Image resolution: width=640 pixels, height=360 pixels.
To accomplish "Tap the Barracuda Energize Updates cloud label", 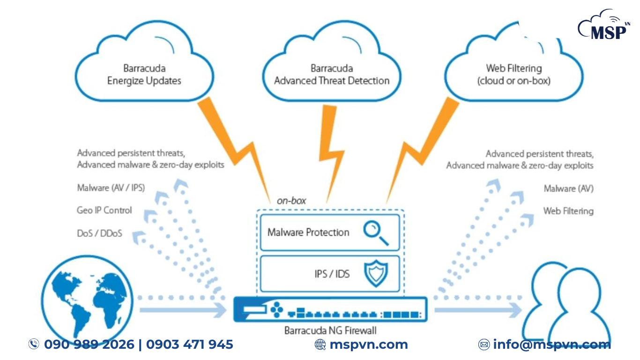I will coord(144,75).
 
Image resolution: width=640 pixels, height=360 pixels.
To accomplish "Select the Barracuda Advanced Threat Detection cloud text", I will coord(332,75).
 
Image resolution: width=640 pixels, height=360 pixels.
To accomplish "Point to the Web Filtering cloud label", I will coord(513,75).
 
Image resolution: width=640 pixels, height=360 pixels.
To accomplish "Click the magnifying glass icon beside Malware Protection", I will coord(376,232).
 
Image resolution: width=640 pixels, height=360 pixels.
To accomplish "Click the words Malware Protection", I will coord(308,232).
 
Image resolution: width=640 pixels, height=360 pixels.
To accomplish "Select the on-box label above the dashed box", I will coord(291,201).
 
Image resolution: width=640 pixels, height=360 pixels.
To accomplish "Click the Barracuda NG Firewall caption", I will coord(330,330).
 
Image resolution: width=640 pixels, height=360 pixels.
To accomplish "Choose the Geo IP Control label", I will coord(104,210).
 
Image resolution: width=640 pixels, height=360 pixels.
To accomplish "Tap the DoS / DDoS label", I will coord(99,233).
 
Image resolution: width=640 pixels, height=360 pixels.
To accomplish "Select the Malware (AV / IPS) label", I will coord(111,188).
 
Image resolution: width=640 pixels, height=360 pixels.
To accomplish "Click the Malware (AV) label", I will coord(568,188).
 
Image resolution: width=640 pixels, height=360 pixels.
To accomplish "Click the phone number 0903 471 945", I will coord(189,345).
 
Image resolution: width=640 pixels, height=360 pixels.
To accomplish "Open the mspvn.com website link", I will coord(368,345).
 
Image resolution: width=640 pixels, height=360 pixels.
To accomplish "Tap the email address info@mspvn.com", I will coord(551,345).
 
